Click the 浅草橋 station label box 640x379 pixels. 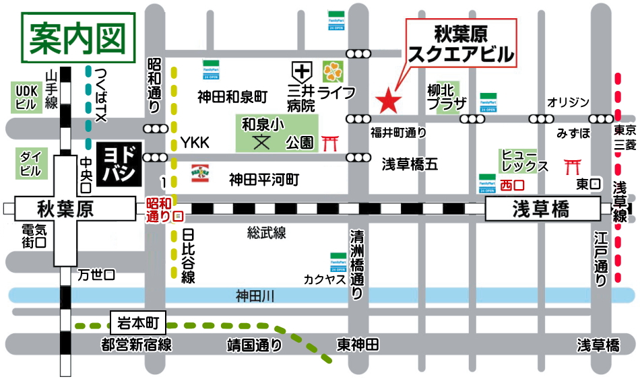tap(542, 209)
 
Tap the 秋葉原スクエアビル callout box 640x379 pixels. tap(462, 42)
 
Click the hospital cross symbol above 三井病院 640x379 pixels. tap(301, 70)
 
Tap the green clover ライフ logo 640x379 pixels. tap(332, 70)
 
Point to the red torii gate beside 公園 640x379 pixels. tap(330, 143)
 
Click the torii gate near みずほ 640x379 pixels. tap(573, 165)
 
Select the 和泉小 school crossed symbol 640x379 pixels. tap(260, 142)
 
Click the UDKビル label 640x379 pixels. tap(25, 97)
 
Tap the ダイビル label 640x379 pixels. tap(30, 163)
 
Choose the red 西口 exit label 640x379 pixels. tap(511, 184)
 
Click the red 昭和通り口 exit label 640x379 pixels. tap(164, 209)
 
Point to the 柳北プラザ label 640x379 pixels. tap(446, 96)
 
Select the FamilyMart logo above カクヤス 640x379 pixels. tap(338, 261)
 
